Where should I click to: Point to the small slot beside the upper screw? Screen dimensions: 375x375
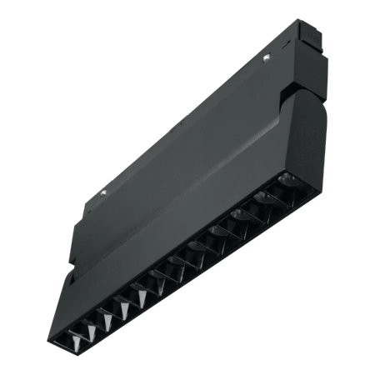tap(257, 64)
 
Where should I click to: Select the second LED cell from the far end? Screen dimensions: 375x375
tap(268, 197)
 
